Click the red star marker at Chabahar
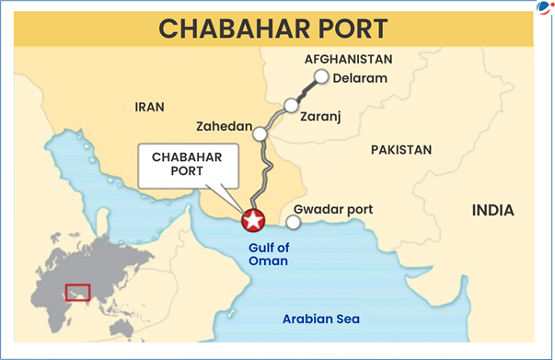252,221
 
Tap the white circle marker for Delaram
320,77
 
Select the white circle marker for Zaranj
291,106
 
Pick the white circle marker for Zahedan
260,134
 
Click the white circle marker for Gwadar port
293,222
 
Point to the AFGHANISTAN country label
348,59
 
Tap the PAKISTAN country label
400,149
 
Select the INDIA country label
493,211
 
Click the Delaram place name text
361,78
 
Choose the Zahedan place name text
223,125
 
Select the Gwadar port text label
339,209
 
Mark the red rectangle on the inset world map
78,292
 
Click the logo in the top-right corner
543,8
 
